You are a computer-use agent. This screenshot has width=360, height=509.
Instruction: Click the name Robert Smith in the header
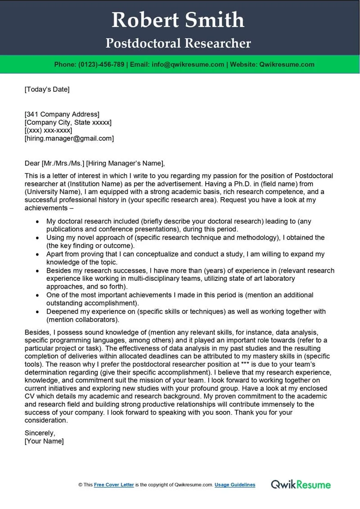coord(178,20)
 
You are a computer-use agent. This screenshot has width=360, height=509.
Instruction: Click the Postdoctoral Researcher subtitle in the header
coord(178,43)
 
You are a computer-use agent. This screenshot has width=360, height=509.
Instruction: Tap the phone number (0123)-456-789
coord(101,64)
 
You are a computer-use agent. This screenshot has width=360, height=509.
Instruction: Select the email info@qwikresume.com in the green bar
coord(188,64)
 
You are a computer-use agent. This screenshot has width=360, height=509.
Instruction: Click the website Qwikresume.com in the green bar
coord(286,64)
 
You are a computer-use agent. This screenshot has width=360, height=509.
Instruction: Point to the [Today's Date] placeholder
coord(47,89)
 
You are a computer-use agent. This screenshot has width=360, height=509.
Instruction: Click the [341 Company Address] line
coord(62,114)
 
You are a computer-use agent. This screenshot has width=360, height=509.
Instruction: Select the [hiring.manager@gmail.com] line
coord(69,139)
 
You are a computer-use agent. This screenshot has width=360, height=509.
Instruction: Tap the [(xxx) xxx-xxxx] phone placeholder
coord(49,131)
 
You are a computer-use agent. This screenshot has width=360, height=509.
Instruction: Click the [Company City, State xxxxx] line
coord(68,122)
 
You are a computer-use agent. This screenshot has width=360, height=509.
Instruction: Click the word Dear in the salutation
coord(32,163)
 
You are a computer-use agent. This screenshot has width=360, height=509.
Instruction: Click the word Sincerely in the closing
coord(40,433)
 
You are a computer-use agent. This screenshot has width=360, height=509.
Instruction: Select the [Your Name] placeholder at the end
coord(44,441)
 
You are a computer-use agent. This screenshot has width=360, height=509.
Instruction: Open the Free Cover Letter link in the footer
coord(114,485)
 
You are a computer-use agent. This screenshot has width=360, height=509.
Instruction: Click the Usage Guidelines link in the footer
coord(234,485)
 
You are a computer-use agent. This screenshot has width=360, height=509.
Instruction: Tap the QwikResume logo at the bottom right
coord(301,484)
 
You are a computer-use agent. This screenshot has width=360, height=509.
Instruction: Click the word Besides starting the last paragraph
coord(37,333)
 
